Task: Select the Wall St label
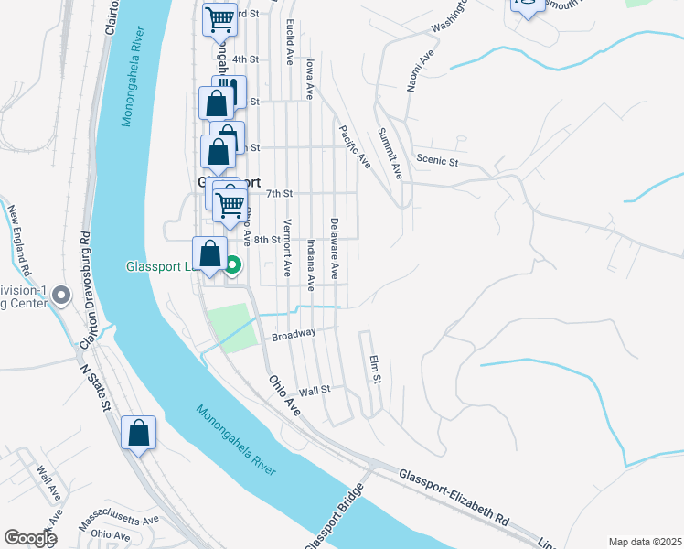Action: (315, 390)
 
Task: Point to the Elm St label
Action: (374, 370)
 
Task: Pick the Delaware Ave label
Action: (335, 248)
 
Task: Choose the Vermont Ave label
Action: (287, 248)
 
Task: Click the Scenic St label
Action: (436, 160)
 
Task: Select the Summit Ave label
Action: (390, 152)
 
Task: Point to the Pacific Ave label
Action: (354, 146)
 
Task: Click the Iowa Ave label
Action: (311, 79)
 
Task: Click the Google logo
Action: (30, 538)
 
